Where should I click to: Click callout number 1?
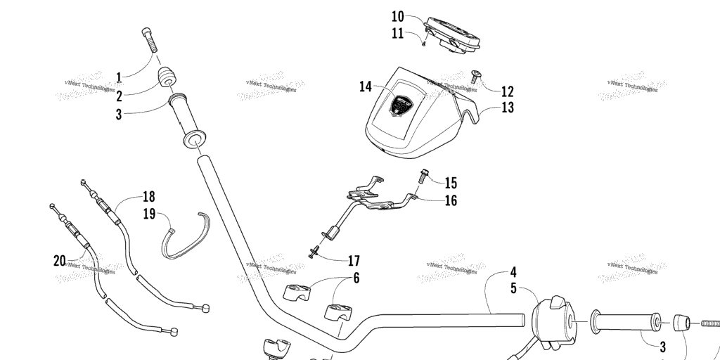coord(120,77)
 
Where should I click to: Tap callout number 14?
coord(365,86)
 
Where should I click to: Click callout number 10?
coord(398,15)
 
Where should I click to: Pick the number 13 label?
coord(508,108)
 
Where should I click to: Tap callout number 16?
coord(451,200)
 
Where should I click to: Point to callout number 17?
coord(354,261)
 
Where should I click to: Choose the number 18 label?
coord(148,196)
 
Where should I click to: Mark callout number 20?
coord(59,261)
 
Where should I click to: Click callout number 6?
coord(356,278)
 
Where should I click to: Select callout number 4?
coord(513,271)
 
